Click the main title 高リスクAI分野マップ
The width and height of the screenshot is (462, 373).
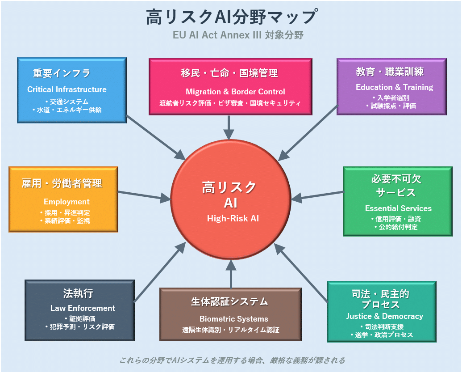[231, 17]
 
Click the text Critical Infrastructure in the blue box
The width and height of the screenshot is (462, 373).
[67, 89]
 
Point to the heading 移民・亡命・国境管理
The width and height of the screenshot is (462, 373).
[229, 73]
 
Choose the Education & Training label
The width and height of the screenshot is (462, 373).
[394, 87]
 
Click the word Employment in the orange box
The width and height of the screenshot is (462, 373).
[67, 202]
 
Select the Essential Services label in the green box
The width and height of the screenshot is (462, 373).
[398, 208]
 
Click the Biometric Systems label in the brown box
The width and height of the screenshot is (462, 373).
[233, 319]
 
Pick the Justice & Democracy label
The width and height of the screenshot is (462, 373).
[384, 316]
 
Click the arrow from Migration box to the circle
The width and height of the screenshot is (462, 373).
[229, 127]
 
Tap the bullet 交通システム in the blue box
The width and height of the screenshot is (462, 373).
[67, 102]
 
